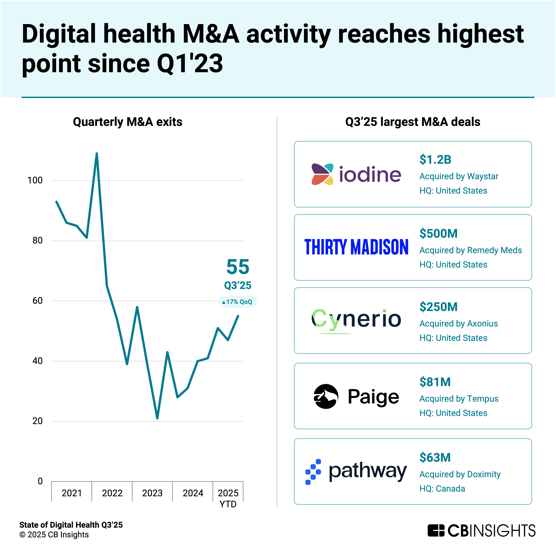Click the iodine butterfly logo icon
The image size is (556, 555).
tap(322, 174)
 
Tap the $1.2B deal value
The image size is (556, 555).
tap(435, 160)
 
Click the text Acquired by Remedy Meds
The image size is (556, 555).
tap(470, 250)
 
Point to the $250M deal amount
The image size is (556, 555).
tap(438, 307)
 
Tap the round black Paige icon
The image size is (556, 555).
tap(326, 396)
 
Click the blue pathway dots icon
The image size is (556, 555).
tap(313, 472)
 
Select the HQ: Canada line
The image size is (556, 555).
tap(442, 489)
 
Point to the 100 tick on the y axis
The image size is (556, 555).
tap(35, 180)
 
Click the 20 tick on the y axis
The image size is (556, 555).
tap(37, 421)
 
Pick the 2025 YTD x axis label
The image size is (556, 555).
tap(228, 498)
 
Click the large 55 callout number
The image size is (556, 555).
tap(238, 267)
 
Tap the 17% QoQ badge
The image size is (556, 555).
tap(237, 302)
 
